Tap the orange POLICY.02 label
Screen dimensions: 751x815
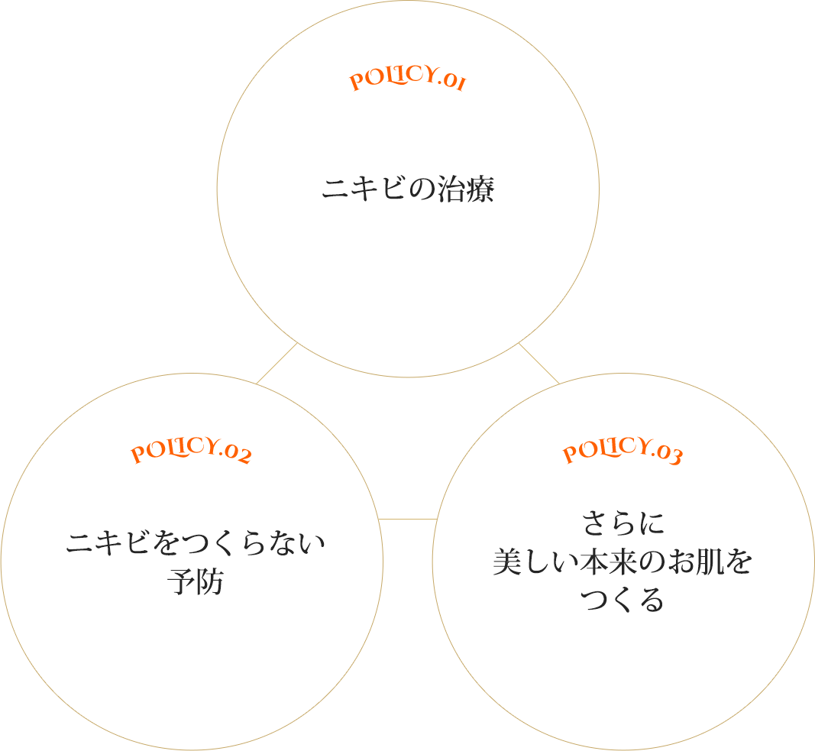coord(191,452)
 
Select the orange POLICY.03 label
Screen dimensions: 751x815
coord(623,452)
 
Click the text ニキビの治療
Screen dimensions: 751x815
coord(408,189)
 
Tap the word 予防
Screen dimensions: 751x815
coord(195,582)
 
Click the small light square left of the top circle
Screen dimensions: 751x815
coord(276,364)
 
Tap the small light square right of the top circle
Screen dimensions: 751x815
coord(539,364)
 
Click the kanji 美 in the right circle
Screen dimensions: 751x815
coord(507,563)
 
